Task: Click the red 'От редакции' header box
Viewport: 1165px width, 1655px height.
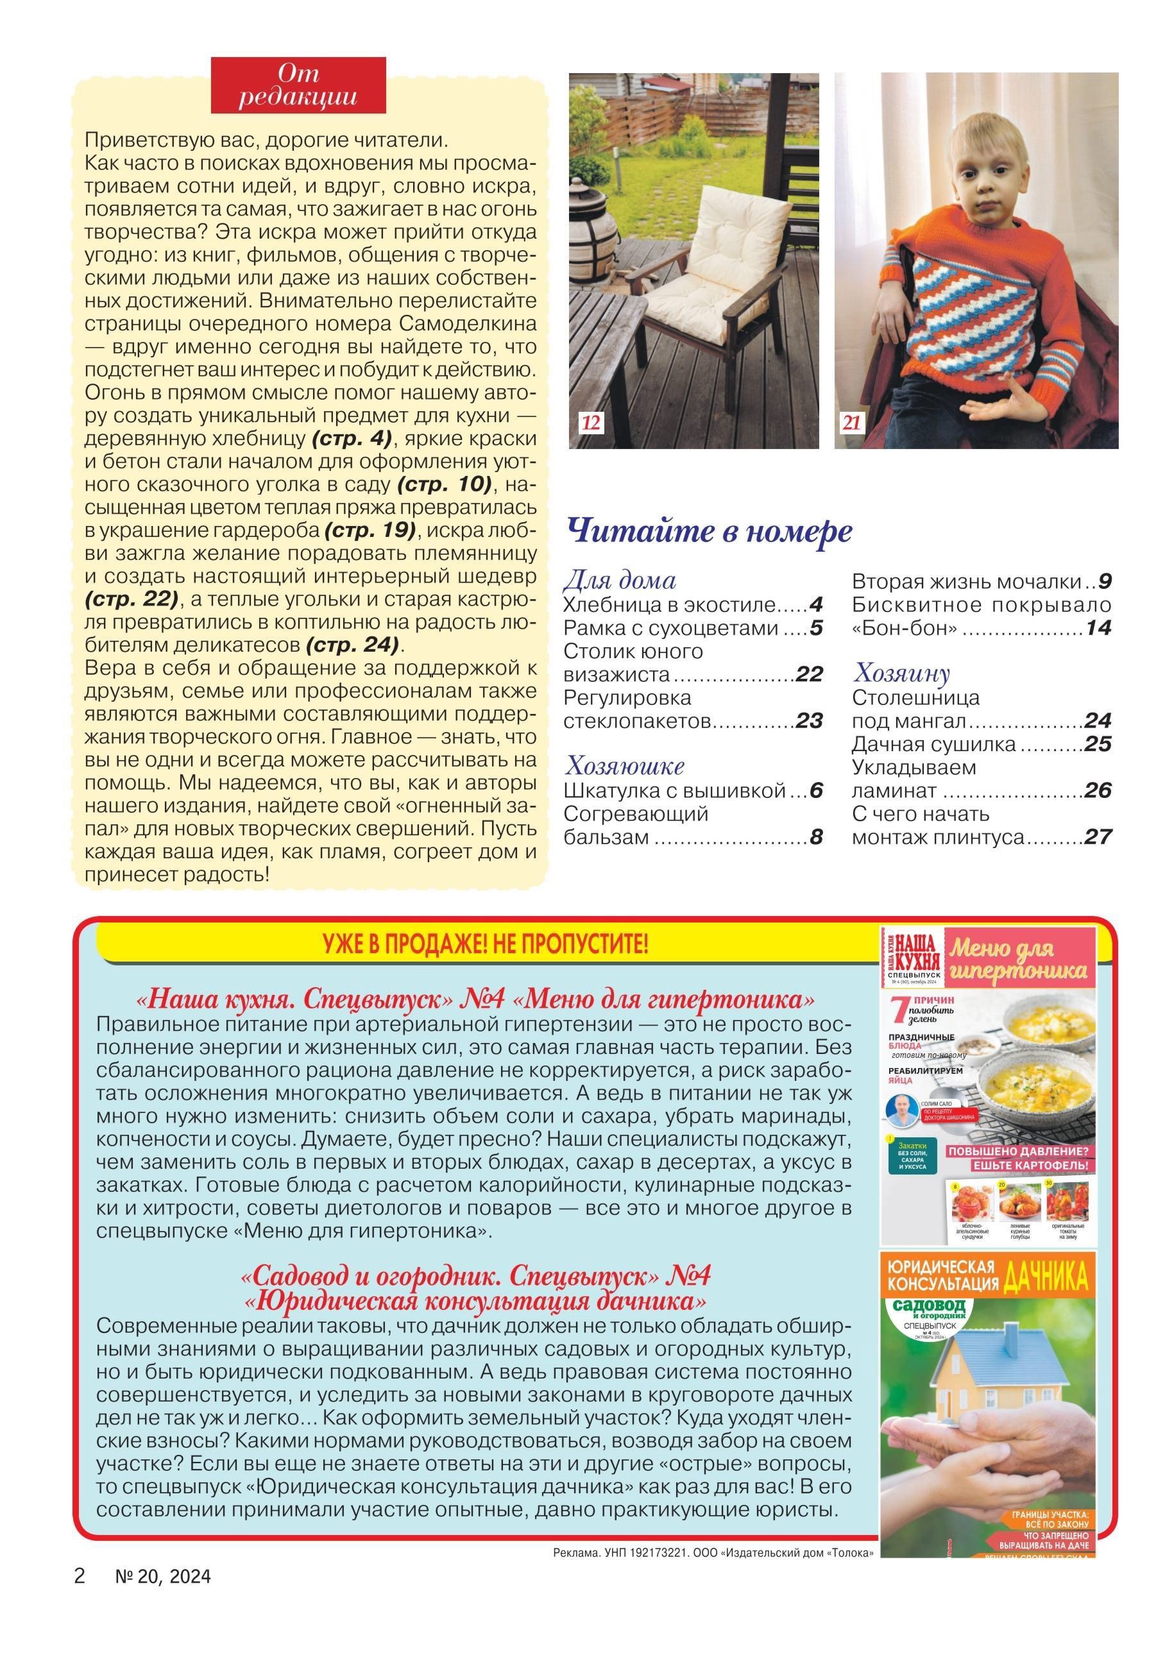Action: (298, 85)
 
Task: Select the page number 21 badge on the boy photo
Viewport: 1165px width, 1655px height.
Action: (852, 423)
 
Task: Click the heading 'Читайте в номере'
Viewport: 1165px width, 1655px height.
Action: (710, 532)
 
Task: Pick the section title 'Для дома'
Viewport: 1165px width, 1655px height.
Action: (619, 581)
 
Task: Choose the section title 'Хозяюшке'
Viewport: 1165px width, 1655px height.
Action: (625, 765)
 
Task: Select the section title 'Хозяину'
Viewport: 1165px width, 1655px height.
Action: (901, 674)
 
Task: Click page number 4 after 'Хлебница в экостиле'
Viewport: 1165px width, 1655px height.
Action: (815, 605)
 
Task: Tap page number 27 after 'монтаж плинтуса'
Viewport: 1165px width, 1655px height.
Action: (1098, 838)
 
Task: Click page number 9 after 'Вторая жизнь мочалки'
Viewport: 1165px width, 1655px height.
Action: (1105, 582)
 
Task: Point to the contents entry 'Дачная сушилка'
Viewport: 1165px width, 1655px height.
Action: (933, 745)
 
